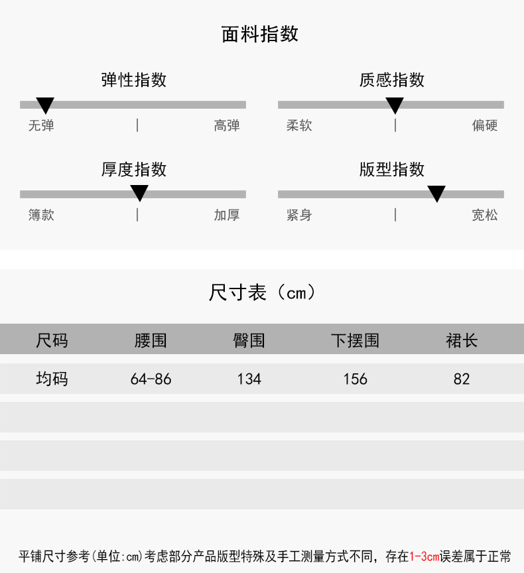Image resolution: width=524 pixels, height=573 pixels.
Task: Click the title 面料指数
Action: click(x=260, y=34)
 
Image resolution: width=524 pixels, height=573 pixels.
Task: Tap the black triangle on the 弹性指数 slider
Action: click(x=45, y=105)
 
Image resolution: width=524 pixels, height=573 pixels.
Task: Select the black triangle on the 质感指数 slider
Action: click(x=395, y=105)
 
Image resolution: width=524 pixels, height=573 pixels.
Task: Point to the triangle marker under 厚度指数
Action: click(x=139, y=193)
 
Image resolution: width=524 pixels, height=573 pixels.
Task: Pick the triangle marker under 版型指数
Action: click(x=436, y=193)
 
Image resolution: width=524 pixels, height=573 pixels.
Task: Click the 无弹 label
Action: click(x=41, y=125)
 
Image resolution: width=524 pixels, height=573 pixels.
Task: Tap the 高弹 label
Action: click(x=227, y=125)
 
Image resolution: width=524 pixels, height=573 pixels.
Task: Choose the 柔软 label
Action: click(x=299, y=125)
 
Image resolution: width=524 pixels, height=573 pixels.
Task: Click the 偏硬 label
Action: click(x=485, y=125)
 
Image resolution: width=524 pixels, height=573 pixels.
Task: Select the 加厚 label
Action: click(x=227, y=215)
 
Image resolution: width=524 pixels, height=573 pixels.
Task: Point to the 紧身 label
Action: click(x=299, y=215)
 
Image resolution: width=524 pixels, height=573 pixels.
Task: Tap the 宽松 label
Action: click(x=485, y=215)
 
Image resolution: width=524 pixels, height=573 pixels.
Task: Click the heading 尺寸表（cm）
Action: click(x=262, y=292)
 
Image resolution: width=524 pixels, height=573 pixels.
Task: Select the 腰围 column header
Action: click(x=151, y=341)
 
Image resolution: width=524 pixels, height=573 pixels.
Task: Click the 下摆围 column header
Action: click(x=356, y=341)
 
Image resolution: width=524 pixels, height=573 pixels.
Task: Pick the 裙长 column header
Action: click(x=462, y=341)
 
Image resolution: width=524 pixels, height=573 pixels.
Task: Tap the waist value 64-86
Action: click(x=151, y=379)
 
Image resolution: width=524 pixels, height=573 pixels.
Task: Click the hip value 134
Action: click(x=249, y=379)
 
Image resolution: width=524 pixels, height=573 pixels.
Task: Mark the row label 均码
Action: click(x=52, y=379)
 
